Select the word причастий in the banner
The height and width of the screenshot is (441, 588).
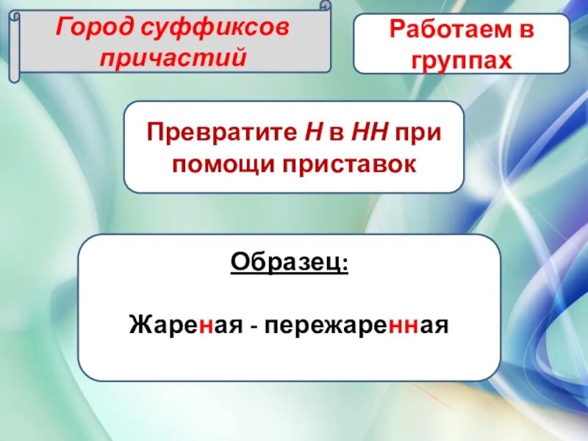[x=171, y=57]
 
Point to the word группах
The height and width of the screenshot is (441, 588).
[x=461, y=58]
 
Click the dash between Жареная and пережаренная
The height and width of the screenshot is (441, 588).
[x=253, y=325]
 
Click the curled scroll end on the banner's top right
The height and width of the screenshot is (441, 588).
[x=324, y=7]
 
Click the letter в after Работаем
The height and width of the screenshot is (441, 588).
[x=524, y=30]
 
